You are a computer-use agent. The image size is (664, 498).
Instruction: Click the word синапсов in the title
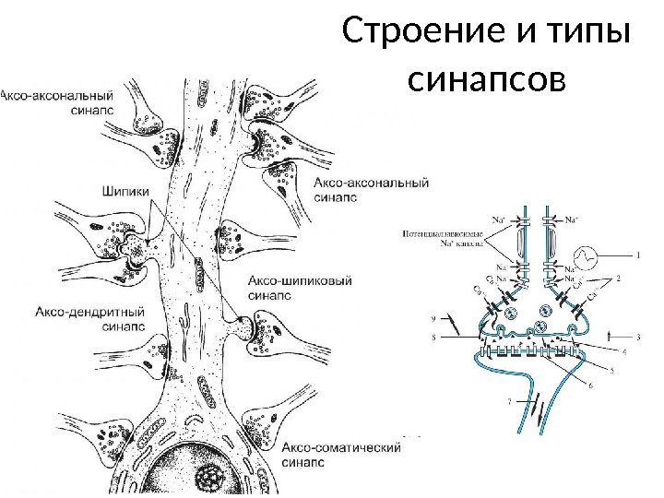click(486, 83)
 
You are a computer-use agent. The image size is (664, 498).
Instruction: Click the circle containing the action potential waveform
click(587, 255)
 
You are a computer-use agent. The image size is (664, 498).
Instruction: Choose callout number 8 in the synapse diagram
click(436, 338)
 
